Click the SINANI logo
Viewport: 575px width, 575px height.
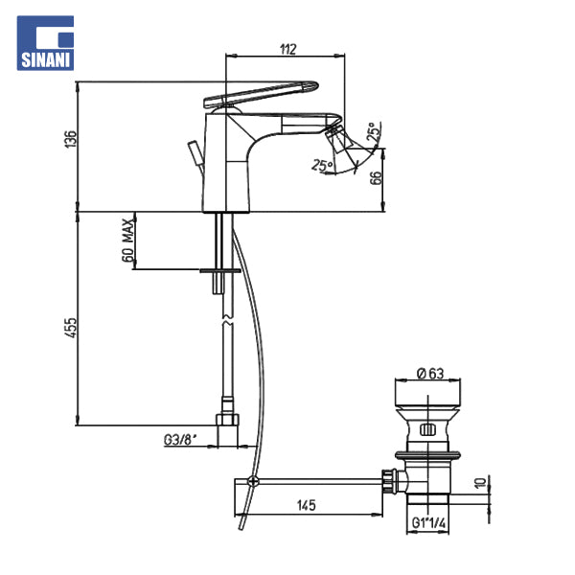click(45, 43)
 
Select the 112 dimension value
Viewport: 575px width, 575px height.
click(287, 49)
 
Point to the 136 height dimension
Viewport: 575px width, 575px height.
click(71, 139)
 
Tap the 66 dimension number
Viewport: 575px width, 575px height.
click(377, 178)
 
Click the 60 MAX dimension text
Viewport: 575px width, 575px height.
click(127, 241)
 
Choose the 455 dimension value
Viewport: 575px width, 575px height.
click(71, 328)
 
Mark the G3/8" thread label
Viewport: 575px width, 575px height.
click(180, 440)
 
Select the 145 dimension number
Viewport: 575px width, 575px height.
click(307, 505)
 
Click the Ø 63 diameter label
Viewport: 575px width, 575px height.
click(430, 374)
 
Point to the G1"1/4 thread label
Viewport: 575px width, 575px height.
click(428, 523)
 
